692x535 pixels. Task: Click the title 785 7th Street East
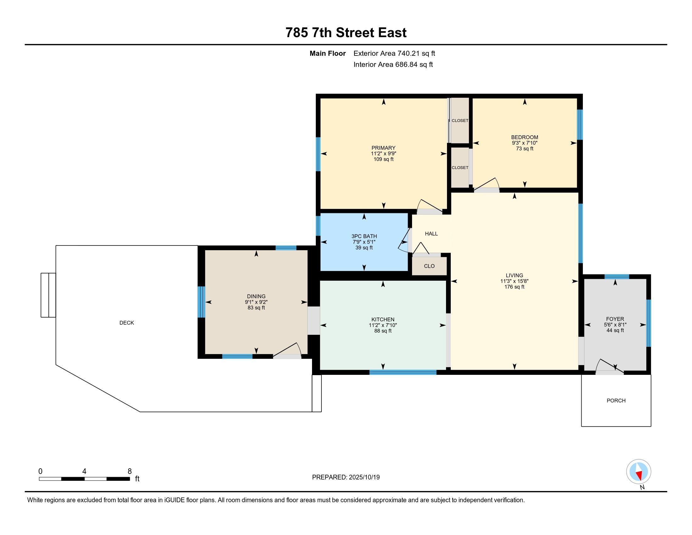tap(346, 33)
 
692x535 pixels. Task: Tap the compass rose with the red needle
tap(639, 471)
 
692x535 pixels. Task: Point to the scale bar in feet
tap(84, 479)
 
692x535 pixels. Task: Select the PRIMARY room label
tap(383, 148)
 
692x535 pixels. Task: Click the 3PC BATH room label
tap(364, 236)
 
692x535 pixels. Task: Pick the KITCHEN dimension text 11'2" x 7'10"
tap(383, 325)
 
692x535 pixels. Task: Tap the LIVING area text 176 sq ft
tap(514, 287)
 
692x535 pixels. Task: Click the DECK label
tap(127, 323)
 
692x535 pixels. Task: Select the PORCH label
tap(616, 401)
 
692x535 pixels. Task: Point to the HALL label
tap(431, 234)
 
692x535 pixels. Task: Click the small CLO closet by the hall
tap(429, 266)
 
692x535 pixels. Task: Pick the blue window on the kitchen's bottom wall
tap(403, 372)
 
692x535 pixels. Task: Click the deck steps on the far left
tap(48, 295)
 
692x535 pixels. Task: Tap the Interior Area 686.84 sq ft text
tap(393, 65)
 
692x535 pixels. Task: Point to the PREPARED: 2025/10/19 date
tap(346, 477)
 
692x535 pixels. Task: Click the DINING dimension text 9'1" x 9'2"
tap(256, 302)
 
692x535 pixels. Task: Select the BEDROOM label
tap(524, 137)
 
